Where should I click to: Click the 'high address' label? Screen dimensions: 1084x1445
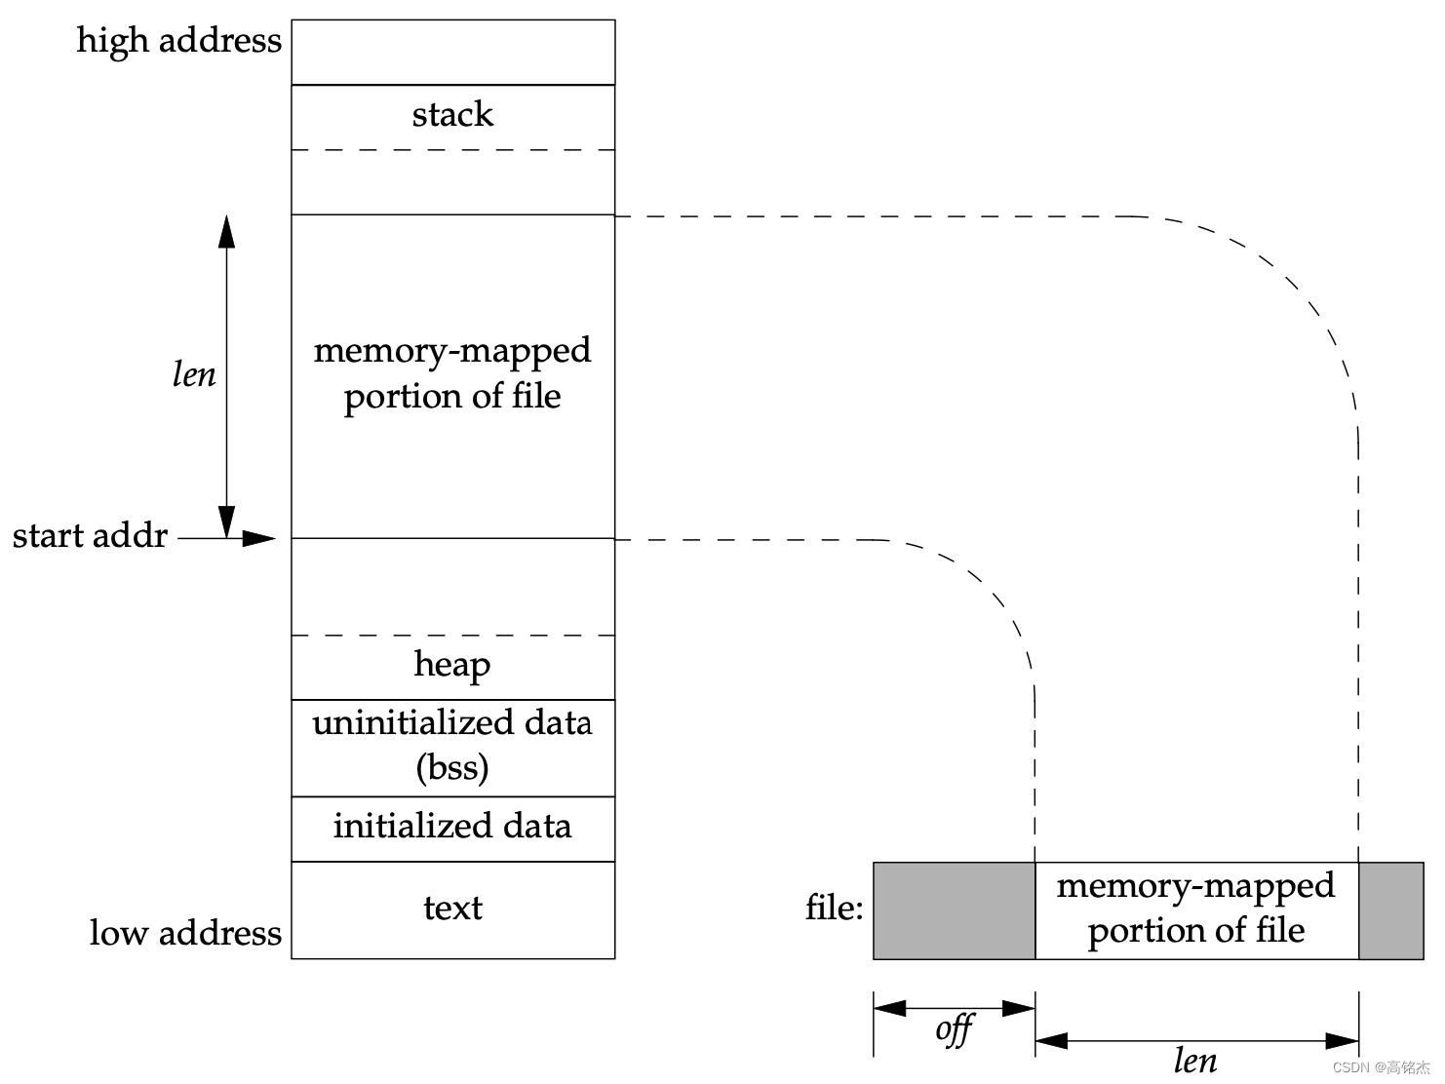pos(178,41)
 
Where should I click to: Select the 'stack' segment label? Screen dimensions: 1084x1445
pos(452,115)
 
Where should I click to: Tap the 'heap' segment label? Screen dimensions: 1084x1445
pos(452,665)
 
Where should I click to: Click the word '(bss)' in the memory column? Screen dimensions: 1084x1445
pos(452,768)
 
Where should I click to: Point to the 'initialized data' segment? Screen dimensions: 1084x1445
pos(452,827)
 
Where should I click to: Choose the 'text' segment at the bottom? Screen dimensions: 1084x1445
pos(452,909)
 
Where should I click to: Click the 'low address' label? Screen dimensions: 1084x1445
pos(185,933)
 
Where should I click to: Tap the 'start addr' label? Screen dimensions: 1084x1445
pos(90,536)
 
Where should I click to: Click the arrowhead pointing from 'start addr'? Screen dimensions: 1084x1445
pos(260,538)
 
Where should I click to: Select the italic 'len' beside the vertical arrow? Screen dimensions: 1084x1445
pos(194,374)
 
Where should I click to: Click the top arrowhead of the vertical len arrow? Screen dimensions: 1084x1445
pos(227,232)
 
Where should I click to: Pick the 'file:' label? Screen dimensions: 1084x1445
pos(835,908)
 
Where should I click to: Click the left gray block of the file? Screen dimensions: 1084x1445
pos(954,910)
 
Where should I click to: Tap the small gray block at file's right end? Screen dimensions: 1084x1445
pos(1391,910)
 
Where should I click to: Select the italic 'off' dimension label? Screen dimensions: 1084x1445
pos(954,1029)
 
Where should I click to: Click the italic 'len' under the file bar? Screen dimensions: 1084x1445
pos(1195,1061)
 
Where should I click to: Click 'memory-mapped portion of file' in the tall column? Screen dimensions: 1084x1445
pos(452,373)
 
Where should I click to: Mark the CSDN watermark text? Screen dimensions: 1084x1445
pos(1381,1067)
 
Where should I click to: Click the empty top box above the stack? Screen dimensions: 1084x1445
pos(452,53)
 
